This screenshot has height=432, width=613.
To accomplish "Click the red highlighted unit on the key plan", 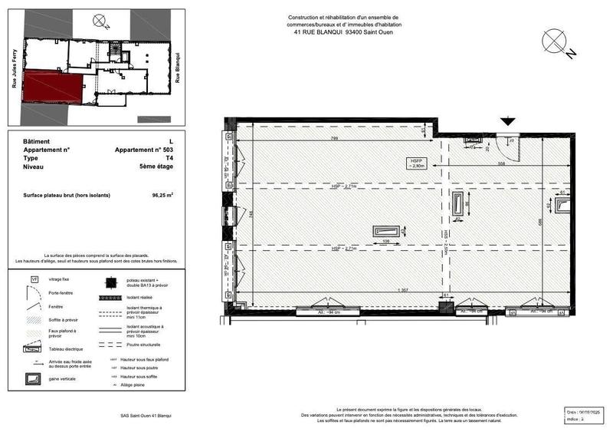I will tap(52, 87).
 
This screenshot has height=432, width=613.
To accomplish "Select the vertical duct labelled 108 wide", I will tap(385, 232).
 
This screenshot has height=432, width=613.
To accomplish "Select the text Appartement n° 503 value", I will tap(144, 150).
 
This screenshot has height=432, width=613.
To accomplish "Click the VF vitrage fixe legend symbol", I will tap(34, 280).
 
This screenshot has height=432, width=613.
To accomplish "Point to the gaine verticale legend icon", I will tap(34, 378).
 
